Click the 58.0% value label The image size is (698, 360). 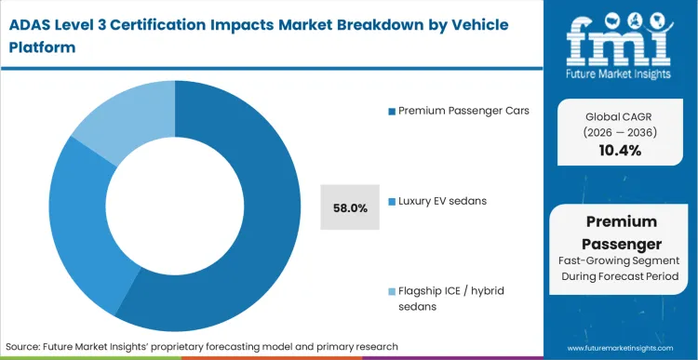(x=349, y=207)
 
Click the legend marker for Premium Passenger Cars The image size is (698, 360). (x=392, y=112)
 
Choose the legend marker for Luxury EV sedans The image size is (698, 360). (x=392, y=201)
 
